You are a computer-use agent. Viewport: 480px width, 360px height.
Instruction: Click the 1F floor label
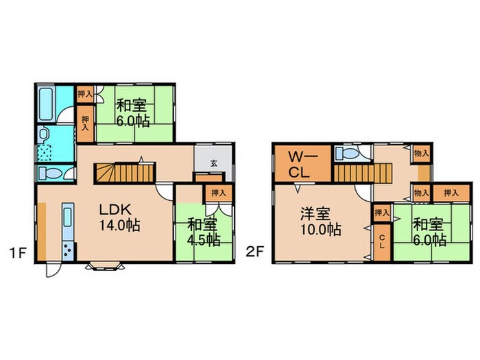click(18, 252)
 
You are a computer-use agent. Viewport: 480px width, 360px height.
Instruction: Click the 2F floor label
click(255, 252)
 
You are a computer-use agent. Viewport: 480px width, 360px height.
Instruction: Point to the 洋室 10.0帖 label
click(320, 221)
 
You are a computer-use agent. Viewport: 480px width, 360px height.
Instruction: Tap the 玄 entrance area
click(214, 163)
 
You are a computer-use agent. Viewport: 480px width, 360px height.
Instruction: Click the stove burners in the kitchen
click(68, 251)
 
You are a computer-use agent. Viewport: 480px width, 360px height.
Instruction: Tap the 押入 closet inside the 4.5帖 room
click(217, 193)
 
